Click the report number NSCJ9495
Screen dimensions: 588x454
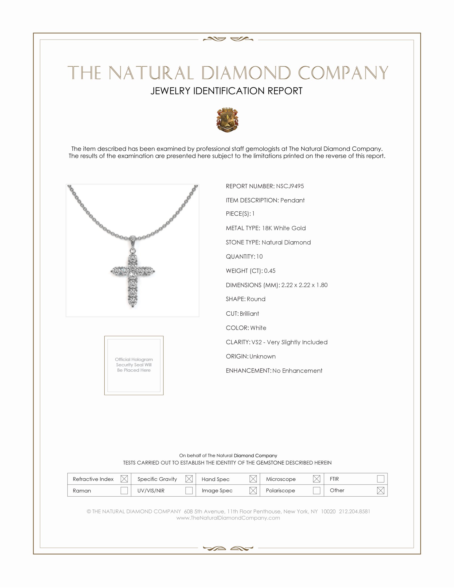pos(290,186)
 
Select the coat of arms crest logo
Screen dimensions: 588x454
pos(227,120)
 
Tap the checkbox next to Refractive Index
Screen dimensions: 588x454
pos(124,479)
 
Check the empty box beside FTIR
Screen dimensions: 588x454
pos(380,479)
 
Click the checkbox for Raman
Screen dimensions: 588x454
pos(124,490)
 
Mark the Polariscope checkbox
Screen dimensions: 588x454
pos(316,490)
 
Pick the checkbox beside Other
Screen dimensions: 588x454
pos(380,490)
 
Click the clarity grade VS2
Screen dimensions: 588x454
pos(257,342)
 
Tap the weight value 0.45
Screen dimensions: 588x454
pos(269,271)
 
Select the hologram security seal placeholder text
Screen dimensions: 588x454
pos(134,365)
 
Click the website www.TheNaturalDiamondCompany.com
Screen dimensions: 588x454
pos(228,518)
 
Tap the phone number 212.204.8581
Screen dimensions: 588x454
pos(354,512)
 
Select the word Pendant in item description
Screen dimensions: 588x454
pos(292,200)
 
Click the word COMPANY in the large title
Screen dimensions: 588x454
pos(343,73)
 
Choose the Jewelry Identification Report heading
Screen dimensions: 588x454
pos(226,91)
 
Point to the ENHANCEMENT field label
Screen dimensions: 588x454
pos(248,371)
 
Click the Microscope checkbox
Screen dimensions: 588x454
pos(316,479)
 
